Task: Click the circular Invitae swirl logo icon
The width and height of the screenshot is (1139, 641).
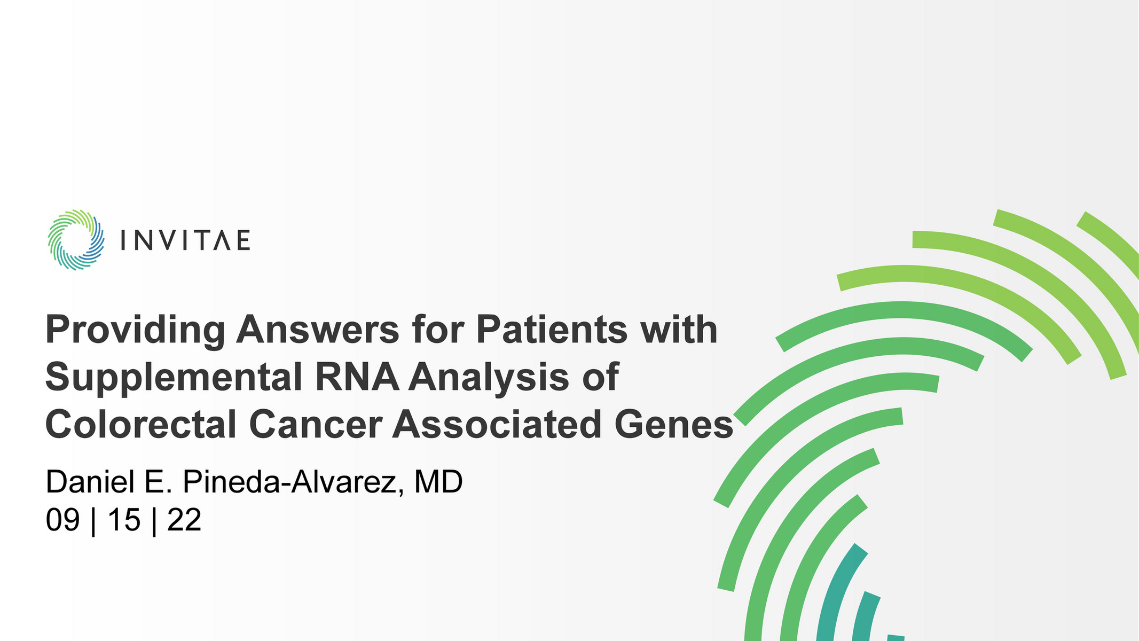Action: [x=76, y=240]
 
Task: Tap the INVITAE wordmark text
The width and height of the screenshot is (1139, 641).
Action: [x=185, y=241]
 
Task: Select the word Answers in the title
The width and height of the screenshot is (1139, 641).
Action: [x=318, y=329]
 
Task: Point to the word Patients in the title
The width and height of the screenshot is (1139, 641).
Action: [x=552, y=329]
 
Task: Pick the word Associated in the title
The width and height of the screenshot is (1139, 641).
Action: [x=498, y=425]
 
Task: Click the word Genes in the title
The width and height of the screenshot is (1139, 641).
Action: [x=674, y=425]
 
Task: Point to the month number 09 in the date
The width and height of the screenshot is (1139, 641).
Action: [x=62, y=520]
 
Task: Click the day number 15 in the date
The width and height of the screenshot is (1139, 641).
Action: [x=124, y=520]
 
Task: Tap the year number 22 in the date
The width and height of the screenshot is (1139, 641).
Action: [x=184, y=520]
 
